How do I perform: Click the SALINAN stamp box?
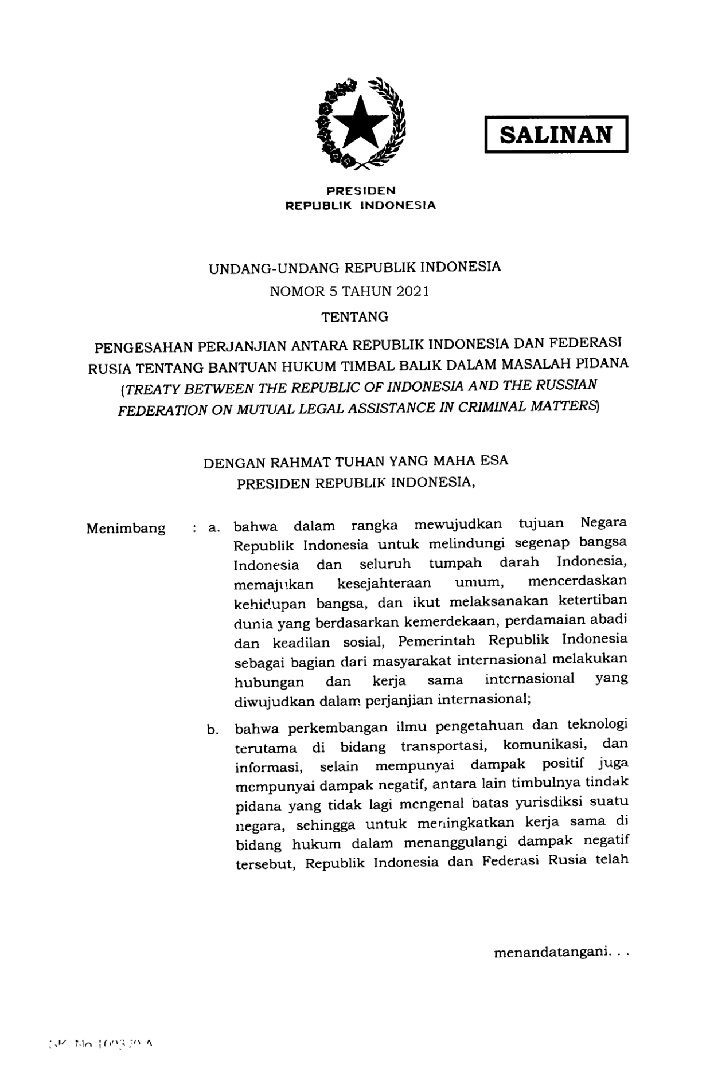(x=556, y=134)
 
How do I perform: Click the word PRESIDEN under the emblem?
(x=361, y=191)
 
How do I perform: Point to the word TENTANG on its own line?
(x=355, y=316)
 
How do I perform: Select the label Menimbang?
(x=126, y=528)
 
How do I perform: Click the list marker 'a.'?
(x=214, y=527)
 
